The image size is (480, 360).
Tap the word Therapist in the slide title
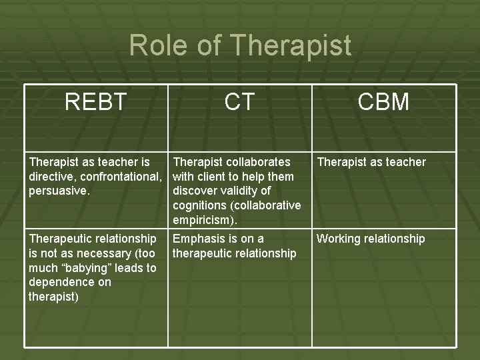pos(291,45)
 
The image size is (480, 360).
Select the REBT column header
pos(95,102)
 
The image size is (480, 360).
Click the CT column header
pos(239,102)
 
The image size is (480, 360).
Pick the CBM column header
pos(383,102)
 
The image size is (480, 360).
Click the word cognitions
pos(200,205)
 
